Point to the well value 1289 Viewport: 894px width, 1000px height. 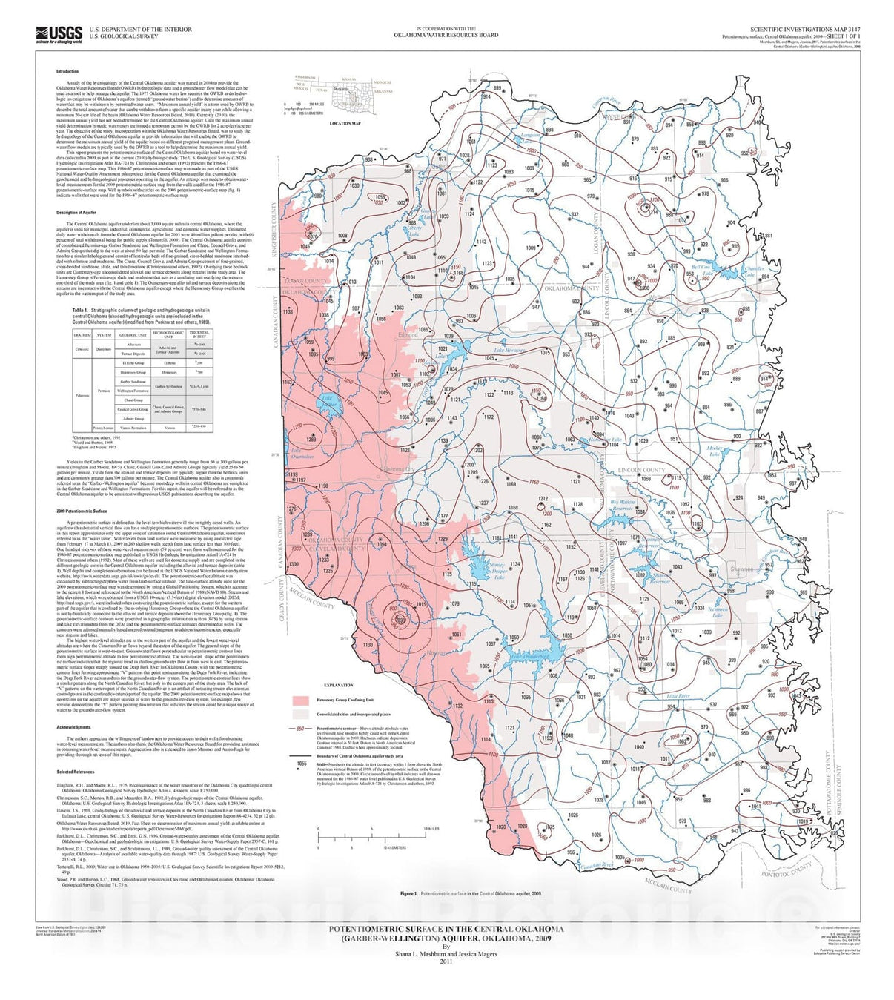(311, 440)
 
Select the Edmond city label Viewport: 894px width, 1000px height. (408, 335)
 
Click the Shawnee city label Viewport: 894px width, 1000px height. (741, 569)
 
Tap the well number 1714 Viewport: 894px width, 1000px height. (653, 212)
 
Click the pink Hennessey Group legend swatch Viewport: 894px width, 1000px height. (300, 700)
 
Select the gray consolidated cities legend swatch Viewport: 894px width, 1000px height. (300, 714)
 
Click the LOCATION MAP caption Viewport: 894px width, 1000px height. (345, 123)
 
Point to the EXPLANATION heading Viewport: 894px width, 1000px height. (338, 686)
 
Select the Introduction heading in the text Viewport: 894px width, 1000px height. (67, 72)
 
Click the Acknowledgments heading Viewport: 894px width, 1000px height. (73, 727)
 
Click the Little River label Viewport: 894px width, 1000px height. (678, 696)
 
